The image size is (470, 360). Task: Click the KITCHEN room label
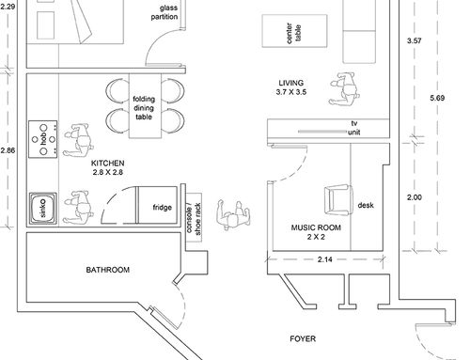(107, 164)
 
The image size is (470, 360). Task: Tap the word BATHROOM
(108, 270)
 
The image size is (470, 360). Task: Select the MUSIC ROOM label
(316, 227)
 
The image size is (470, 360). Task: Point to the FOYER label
(303, 338)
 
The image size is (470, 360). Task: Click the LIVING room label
(291, 83)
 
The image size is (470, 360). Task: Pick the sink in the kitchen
(43, 209)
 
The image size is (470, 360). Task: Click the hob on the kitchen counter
(43, 139)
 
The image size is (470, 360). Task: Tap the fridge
(158, 205)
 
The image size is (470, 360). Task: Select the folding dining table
(145, 106)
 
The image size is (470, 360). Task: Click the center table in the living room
(294, 31)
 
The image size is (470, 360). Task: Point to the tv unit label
(354, 128)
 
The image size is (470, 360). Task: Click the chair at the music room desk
(337, 200)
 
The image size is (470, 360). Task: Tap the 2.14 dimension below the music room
(325, 259)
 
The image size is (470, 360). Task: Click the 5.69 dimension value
(437, 98)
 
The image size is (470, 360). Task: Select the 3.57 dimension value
(415, 40)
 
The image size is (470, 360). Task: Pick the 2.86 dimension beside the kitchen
(8, 150)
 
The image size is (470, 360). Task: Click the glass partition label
(164, 12)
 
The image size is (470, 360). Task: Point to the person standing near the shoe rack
(233, 215)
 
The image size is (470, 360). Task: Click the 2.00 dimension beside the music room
(415, 197)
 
